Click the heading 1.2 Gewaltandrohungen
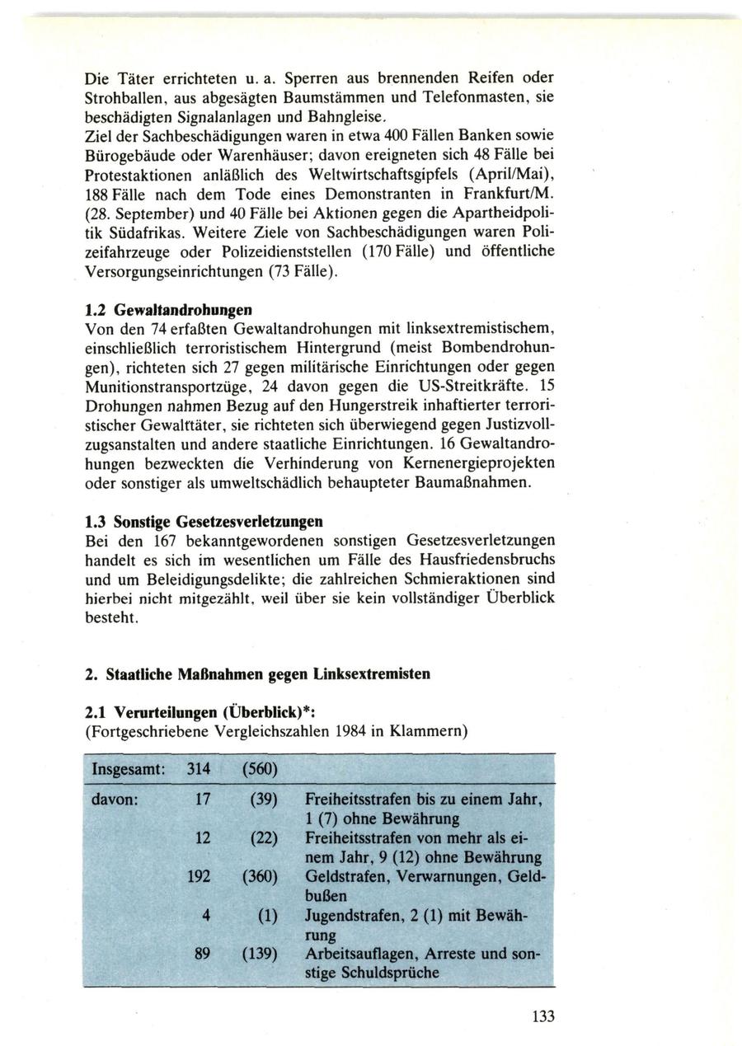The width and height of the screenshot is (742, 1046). [170, 310]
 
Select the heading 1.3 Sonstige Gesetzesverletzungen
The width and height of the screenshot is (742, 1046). [204, 521]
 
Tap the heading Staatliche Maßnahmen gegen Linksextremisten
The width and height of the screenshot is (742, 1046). [257, 673]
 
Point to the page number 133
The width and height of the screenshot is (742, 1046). [543, 1016]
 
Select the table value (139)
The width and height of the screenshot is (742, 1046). [261, 954]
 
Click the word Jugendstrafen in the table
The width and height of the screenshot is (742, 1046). [350, 916]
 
